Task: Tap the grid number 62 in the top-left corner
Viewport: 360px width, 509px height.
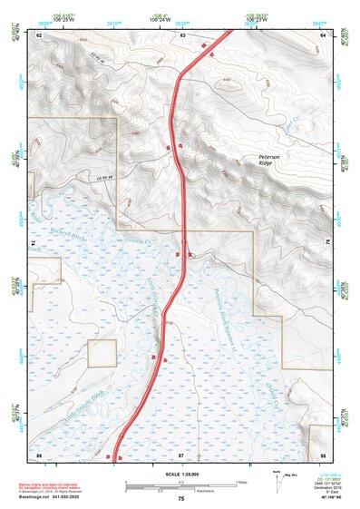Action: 39,34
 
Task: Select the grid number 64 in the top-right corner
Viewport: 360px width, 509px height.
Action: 323,34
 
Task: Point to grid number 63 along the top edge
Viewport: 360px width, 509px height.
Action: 182,34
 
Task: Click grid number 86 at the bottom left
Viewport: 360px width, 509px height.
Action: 39,453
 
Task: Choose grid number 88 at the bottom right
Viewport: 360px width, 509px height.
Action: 323,453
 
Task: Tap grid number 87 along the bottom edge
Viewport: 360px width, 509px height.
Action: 180,453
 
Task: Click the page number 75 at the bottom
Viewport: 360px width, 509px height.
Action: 180,499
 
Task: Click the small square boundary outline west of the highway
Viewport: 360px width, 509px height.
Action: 102,353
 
